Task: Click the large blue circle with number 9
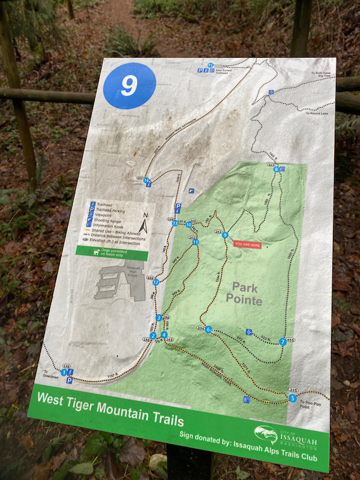(130, 85)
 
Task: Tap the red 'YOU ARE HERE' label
(247, 244)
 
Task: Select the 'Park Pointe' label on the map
(244, 293)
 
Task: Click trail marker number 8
(276, 170)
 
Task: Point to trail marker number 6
(208, 329)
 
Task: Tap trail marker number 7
(283, 342)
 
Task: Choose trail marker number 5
(292, 398)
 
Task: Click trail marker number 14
(146, 181)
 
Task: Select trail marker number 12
(156, 282)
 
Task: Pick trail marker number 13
(175, 223)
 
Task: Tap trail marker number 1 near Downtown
(64, 373)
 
